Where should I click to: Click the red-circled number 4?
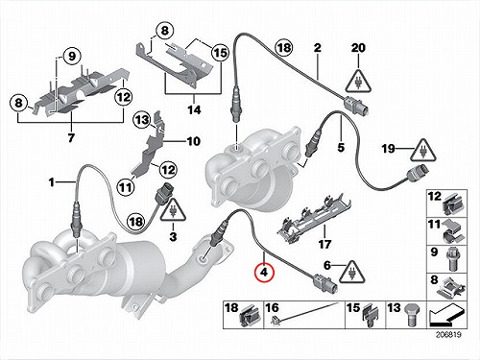click(264, 273)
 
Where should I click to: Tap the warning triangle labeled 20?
click(358, 81)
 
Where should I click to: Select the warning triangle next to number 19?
click(423, 151)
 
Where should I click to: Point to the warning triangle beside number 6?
click(352, 273)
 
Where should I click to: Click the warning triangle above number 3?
click(173, 209)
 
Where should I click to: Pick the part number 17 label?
click(324, 245)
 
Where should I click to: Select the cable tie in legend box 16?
click(305, 312)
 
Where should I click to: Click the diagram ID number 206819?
click(447, 335)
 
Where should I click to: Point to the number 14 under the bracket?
click(194, 110)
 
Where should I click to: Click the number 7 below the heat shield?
click(71, 137)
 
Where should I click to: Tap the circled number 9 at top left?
click(72, 57)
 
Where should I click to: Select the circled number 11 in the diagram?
click(126, 187)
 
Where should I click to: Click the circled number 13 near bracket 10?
click(142, 120)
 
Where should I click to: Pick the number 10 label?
click(193, 141)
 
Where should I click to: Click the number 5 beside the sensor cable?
click(341, 147)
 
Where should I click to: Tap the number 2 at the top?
click(317, 48)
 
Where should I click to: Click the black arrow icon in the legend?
click(446, 315)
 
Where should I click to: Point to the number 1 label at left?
click(51, 182)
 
